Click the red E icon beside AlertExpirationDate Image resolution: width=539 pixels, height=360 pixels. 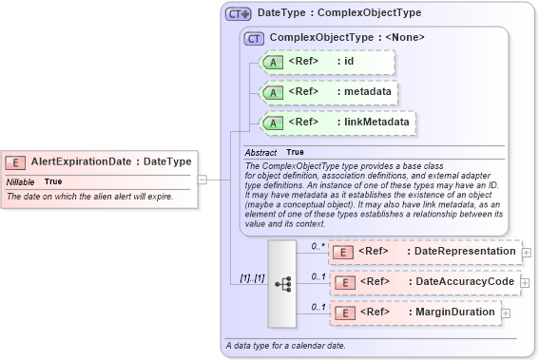point(17,162)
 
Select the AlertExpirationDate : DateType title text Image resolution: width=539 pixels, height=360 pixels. point(110,161)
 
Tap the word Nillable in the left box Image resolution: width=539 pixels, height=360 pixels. point(21,181)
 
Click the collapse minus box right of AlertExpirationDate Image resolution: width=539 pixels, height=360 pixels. point(202,178)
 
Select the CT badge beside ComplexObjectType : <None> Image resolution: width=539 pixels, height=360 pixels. point(254,39)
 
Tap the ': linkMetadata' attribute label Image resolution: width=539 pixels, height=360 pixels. point(374,123)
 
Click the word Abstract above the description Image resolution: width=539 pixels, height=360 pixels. point(260,152)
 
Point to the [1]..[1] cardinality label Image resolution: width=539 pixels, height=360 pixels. point(251,278)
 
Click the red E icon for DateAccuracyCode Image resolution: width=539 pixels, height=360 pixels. point(345,282)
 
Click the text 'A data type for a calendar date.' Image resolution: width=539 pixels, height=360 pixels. point(285,345)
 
